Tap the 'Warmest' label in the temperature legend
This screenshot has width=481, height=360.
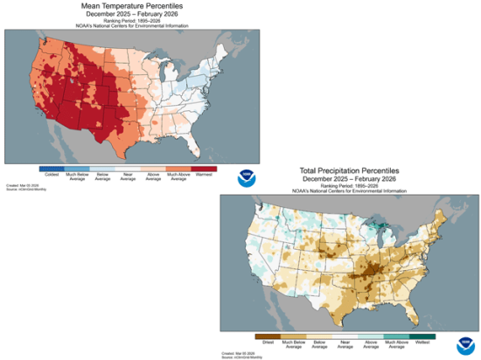click(x=204, y=172)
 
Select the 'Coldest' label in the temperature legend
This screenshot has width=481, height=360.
click(x=52, y=172)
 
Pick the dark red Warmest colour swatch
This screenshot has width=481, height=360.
click(x=204, y=166)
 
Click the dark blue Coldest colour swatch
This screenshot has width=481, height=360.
click(x=52, y=166)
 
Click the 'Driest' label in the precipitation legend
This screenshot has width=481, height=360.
click(x=268, y=343)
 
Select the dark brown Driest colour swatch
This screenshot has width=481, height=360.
click(x=268, y=336)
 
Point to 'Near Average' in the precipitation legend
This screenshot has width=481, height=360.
click(x=346, y=343)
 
